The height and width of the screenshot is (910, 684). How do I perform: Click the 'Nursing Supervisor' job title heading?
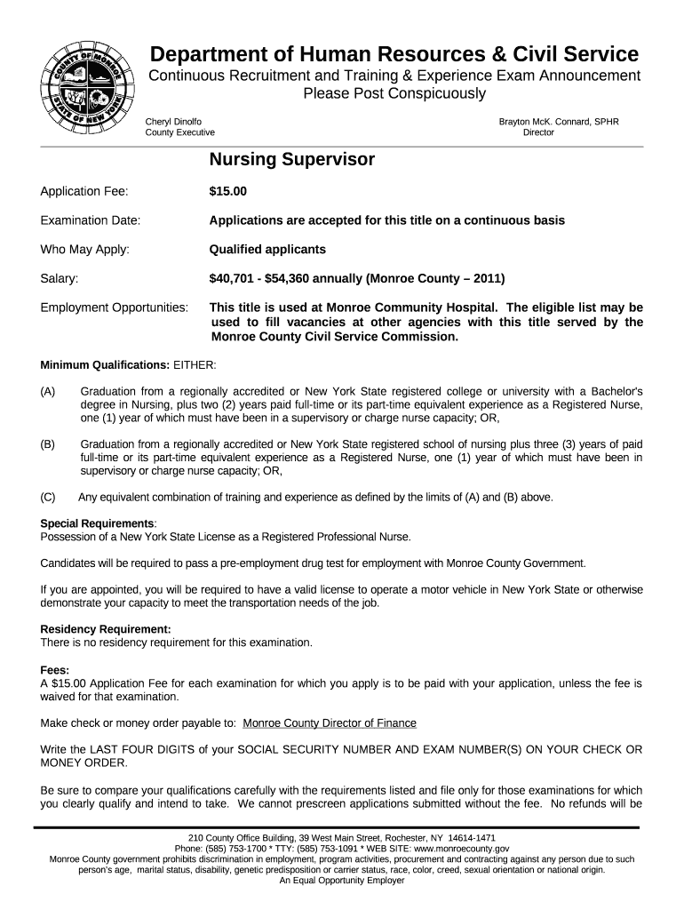(291, 160)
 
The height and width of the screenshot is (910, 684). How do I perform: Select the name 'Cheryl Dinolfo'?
(173, 121)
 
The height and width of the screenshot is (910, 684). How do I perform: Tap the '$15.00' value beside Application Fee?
(228, 191)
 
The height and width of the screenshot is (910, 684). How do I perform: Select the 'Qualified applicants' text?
(267, 250)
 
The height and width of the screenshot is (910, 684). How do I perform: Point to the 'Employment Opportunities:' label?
(115, 307)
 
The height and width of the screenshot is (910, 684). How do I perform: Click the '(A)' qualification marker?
(48, 391)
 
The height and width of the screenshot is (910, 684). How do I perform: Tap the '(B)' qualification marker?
(48, 443)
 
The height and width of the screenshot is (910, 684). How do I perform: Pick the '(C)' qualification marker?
(48, 497)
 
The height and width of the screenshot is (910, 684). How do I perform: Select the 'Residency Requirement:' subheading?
(106, 629)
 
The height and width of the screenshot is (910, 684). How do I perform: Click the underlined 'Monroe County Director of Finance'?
(330, 723)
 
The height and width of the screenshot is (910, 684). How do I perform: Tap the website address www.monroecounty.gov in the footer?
(456, 849)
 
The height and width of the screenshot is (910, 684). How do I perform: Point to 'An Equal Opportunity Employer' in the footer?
(342, 881)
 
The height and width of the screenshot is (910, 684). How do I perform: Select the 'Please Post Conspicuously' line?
(394, 93)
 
